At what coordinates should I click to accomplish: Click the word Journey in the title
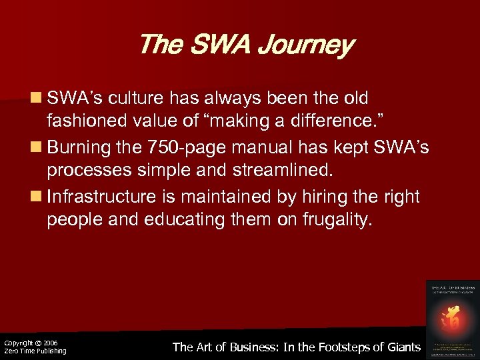tap(309, 45)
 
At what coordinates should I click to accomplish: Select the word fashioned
tap(82, 121)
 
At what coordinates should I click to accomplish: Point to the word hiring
tap(312, 197)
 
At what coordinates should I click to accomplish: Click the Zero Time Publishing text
tap(35, 351)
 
